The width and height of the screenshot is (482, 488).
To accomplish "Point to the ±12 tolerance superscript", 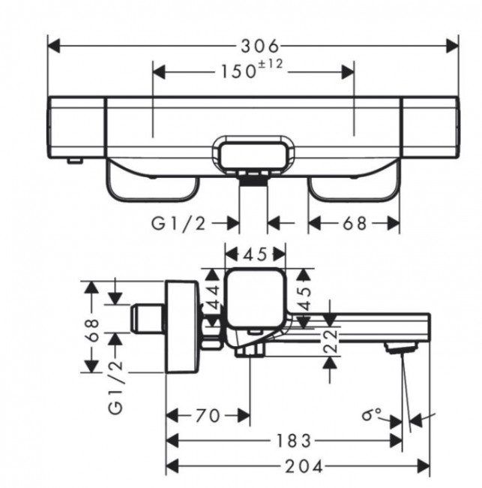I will pyautogui.click(x=272, y=65).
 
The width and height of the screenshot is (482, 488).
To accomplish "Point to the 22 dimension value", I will pyautogui.click(x=330, y=342).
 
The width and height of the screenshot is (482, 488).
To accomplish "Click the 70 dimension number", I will pyautogui.click(x=206, y=414).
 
